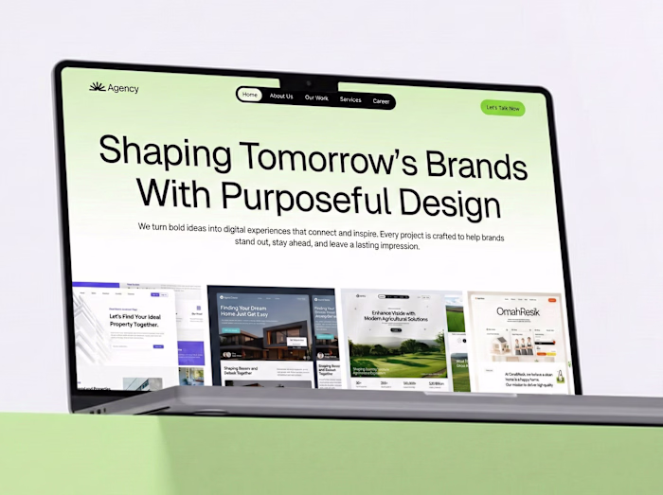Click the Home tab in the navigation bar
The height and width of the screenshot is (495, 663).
click(x=249, y=95)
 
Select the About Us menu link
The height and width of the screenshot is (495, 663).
click(x=281, y=97)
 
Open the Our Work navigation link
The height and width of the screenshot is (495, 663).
click(x=316, y=97)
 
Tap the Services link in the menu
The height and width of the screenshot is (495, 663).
click(x=350, y=99)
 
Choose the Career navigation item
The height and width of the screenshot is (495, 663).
click(x=381, y=101)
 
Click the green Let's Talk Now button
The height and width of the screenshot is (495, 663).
click(x=502, y=108)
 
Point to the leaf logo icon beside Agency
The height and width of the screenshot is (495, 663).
click(x=97, y=87)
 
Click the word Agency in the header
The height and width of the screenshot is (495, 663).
click(x=123, y=89)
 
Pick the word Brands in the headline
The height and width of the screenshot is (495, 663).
click(x=476, y=167)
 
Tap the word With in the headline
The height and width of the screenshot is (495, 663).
click(x=175, y=192)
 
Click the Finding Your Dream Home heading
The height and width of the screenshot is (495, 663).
click(x=252, y=311)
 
